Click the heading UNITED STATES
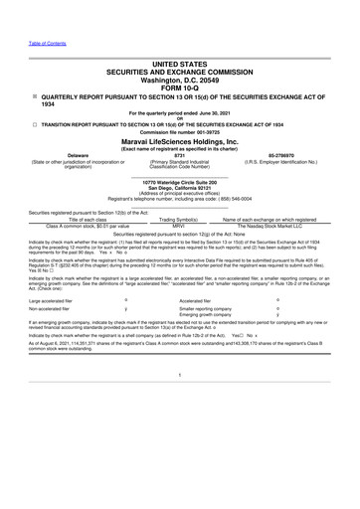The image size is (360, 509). tap(180, 62)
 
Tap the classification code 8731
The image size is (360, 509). tap(180, 155)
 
